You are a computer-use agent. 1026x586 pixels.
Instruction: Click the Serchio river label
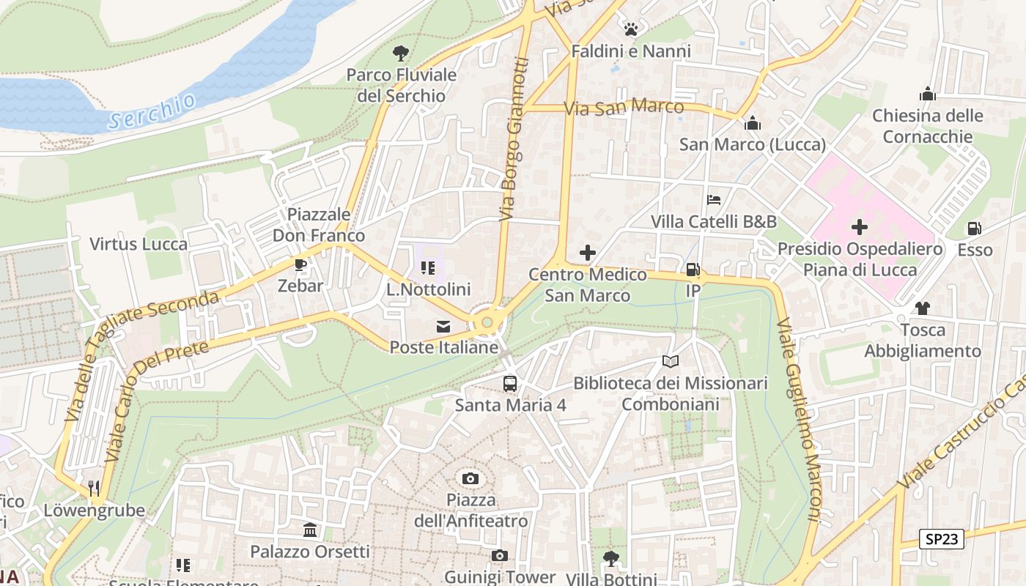click(152, 111)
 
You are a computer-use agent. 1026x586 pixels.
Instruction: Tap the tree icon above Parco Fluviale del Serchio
click(400, 53)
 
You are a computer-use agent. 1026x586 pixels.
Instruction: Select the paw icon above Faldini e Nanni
click(630, 29)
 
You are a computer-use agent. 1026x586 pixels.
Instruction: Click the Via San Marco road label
click(624, 108)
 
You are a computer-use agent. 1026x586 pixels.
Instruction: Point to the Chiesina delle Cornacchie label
click(927, 126)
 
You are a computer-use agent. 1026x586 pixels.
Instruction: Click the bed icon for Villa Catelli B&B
click(714, 199)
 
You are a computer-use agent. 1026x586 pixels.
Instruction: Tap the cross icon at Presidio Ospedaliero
click(859, 227)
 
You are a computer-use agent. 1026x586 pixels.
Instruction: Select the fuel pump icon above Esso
click(974, 229)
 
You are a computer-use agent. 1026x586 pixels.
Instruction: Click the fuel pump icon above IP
click(693, 270)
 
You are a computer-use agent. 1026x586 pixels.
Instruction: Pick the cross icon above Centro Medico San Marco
click(587, 253)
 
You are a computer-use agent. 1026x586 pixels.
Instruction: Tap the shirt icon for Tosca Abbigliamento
click(922, 308)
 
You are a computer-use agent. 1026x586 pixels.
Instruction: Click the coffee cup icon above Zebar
click(300, 264)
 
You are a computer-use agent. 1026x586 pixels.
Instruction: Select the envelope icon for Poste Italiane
click(443, 327)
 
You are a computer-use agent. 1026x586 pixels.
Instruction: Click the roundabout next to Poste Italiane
click(486, 322)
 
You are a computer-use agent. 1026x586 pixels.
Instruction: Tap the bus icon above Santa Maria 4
click(509, 383)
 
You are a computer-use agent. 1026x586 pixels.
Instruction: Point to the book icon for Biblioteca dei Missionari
click(670, 361)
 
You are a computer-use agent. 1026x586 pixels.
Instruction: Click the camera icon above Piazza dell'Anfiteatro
click(470, 479)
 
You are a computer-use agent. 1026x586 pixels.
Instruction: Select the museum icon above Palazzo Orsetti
click(309, 530)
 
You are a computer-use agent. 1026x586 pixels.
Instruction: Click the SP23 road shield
click(941, 539)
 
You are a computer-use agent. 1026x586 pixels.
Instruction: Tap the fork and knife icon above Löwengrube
click(94, 488)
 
